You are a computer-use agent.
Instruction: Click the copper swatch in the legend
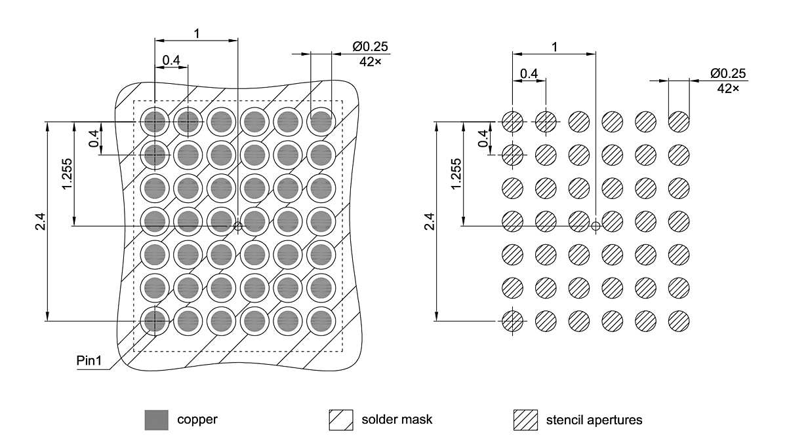[155, 420]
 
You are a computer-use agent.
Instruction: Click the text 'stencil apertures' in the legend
[594, 420]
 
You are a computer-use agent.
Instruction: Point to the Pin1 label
[89, 361]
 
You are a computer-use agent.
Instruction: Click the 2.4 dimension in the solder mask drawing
[41, 223]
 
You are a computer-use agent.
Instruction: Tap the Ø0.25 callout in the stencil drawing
[727, 73]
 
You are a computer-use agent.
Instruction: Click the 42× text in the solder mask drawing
[371, 62]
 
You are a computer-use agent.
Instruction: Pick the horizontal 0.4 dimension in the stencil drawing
[529, 73]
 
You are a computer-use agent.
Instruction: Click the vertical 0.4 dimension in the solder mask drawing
[94, 138]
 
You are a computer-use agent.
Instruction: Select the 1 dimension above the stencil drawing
[555, 46]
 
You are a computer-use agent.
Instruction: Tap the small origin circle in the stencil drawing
[595, 226]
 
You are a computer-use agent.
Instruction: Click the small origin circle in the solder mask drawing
[237, 226]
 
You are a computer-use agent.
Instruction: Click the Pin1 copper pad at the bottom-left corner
[155, 320]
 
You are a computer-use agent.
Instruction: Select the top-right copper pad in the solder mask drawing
[321, 121]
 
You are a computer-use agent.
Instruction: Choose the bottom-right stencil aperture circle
[679, 320]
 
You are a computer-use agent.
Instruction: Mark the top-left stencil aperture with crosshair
[512, 121]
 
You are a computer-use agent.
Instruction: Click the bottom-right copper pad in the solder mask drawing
[321, 320]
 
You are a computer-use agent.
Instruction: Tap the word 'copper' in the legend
[197, 420]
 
